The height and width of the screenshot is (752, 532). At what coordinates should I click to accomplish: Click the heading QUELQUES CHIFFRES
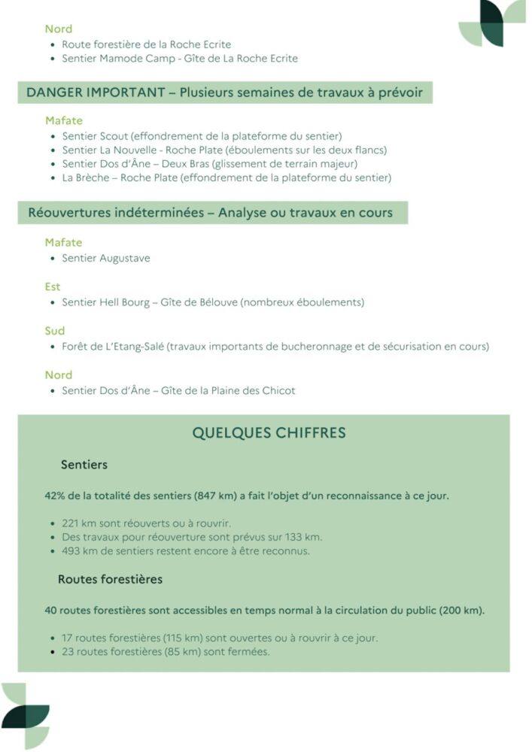269,433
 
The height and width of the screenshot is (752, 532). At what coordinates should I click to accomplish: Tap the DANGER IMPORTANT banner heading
224,92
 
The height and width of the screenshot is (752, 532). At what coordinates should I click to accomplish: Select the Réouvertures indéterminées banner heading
210,213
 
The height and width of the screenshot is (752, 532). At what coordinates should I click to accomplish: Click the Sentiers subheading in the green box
84,465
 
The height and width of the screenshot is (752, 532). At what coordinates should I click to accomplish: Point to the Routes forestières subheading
110,579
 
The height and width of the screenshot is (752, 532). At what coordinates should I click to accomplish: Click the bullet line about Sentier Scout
202,136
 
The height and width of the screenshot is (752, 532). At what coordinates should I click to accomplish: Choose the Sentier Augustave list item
106,258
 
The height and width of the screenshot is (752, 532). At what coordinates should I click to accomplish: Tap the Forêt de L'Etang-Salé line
275,347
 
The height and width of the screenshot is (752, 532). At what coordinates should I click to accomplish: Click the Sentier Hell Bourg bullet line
213,302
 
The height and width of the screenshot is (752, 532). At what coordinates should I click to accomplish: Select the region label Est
53,287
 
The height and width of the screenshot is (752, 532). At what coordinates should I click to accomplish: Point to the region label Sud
55,331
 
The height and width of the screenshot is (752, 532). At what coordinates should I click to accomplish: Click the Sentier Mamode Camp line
180,58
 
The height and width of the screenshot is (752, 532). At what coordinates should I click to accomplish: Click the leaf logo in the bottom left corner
26,715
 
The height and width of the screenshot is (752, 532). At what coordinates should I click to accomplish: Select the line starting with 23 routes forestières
166,651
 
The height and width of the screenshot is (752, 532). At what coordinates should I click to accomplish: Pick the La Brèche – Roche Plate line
226,178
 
